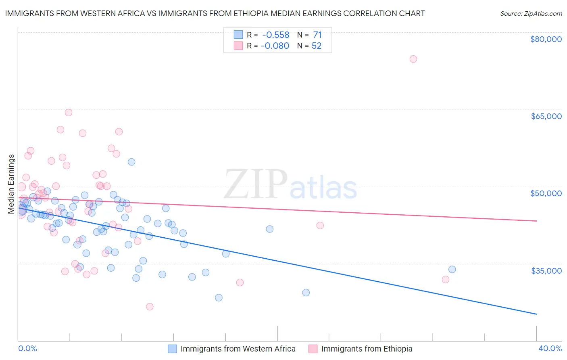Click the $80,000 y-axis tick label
tap(546, 39)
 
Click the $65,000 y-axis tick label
tap(546, 116)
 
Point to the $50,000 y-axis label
tap(546, 193)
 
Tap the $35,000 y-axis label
tap(546, 270)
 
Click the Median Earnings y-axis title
tap(11, 184)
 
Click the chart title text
tap(215, 13)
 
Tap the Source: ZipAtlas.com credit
tap(531, 13)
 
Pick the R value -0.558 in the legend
tap(275, 35)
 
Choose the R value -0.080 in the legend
tap(275, 46)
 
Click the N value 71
tap(317, 35)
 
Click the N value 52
tap(317, 46)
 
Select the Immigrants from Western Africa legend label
tap(238, 349)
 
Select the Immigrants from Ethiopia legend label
tap(367, 349)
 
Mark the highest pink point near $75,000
tap(413, 59)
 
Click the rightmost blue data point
tap(452, 269)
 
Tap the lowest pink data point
tap(150, 307)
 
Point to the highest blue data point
tap(131, 162)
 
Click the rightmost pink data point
tap(446, 279)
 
